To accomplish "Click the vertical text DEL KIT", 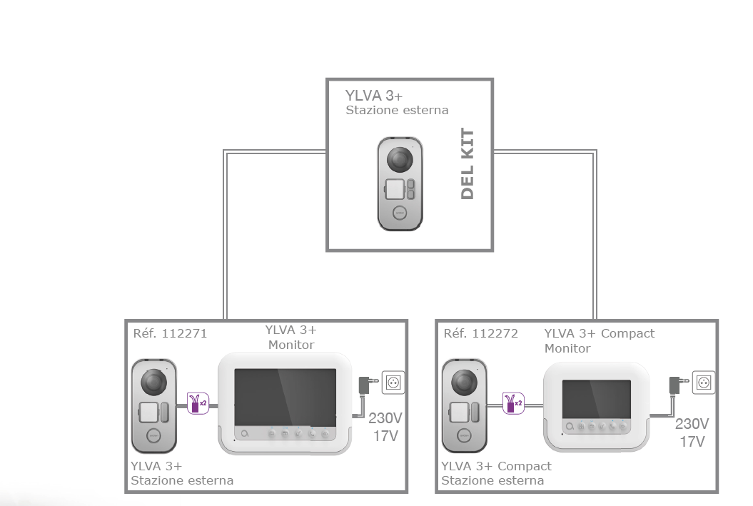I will tap(468, 164).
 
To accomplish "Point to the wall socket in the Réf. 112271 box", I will tap(393, 383).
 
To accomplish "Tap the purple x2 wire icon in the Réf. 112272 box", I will tap(510, 404).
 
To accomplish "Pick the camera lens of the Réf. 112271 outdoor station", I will tap(154, 383).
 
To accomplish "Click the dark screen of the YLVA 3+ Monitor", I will tap(285, 396).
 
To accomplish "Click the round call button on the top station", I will tap(400, 213).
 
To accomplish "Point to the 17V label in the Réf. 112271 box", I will tap(385, 435).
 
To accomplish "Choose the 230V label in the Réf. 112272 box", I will tap(692, 424).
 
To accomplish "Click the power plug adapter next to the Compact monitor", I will tap(673, 385).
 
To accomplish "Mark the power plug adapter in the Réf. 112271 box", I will tap(364, 386).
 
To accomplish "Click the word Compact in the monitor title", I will tap(627, 333).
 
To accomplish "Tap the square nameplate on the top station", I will tap(395, 190).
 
